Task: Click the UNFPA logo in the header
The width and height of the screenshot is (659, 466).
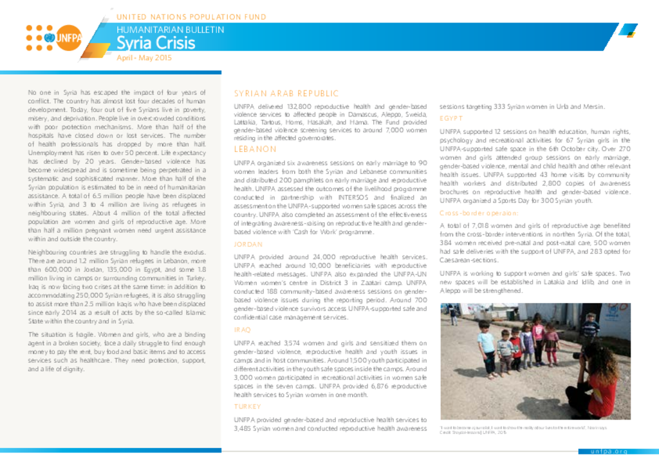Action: (54, 38)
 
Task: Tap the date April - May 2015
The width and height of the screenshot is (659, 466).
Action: (144, 58)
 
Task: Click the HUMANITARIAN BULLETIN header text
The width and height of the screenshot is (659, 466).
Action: (171, 30)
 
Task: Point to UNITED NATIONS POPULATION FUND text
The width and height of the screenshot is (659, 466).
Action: (191, 17)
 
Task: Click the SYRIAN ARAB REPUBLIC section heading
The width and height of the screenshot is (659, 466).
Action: (286, 94)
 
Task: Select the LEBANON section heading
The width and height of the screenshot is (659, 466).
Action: (255, 149)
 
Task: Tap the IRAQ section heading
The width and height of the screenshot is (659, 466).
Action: (242, 330)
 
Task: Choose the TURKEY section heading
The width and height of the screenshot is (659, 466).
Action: (246, 407)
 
